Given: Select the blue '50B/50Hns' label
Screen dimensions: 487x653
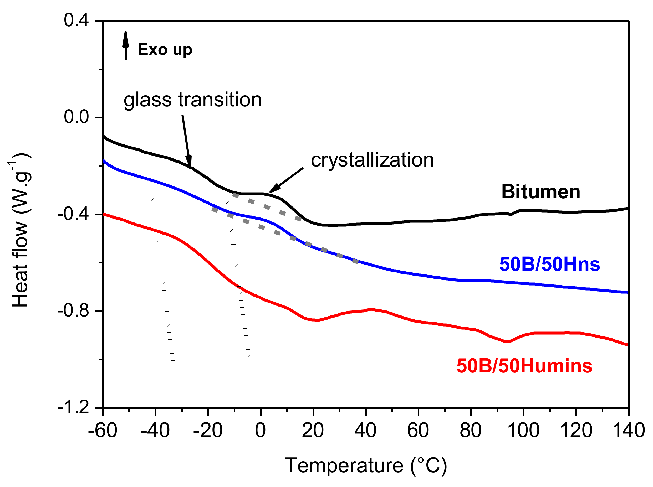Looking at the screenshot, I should (549, 264).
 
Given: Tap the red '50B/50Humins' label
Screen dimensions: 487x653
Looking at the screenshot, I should (524, 366).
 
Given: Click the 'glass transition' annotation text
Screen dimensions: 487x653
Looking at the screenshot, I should (192, 100).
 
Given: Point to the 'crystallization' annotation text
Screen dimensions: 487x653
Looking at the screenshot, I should (372, 160).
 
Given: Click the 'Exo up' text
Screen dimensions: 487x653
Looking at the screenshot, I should (165, 50).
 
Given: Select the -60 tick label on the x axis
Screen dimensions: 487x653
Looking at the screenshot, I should (103, 431).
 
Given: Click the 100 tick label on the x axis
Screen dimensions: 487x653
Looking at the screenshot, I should (523, 431).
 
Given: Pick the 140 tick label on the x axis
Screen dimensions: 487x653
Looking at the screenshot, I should (628, 431).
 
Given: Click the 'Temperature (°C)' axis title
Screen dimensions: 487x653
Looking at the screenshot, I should (366, 466).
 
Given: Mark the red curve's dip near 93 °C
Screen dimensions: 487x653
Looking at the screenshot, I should (506, 341).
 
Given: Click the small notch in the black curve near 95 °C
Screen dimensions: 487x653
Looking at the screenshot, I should (510, 215).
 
